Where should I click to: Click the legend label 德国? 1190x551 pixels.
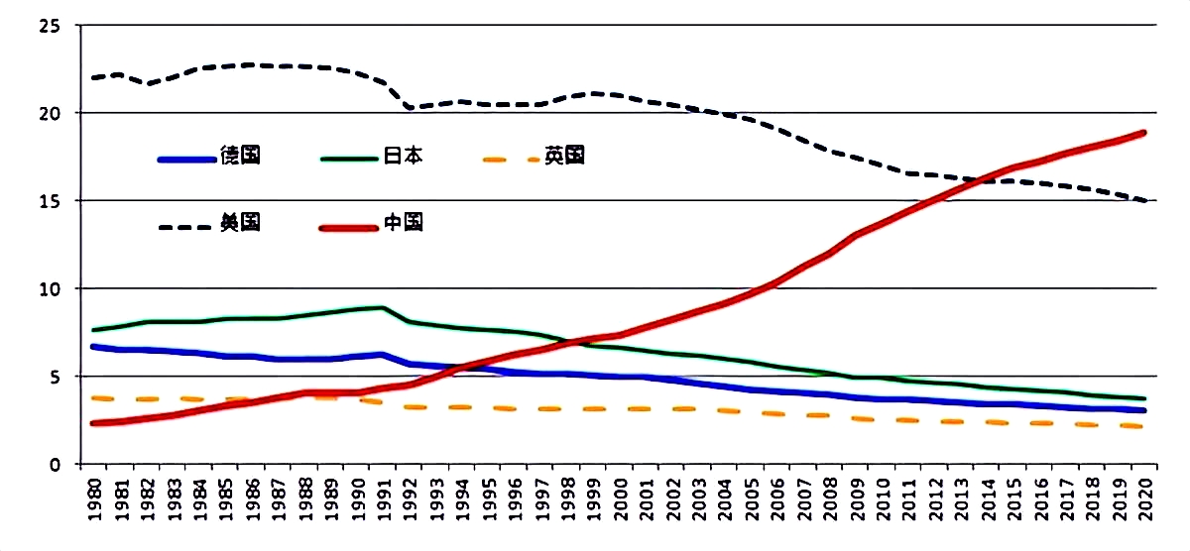point(240,156)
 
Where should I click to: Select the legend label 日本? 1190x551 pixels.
point(403,156)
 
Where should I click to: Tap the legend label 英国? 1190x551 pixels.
point(564,156)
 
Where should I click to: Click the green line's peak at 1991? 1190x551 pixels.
point(382,307)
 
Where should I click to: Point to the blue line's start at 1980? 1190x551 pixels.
point(92,347)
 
